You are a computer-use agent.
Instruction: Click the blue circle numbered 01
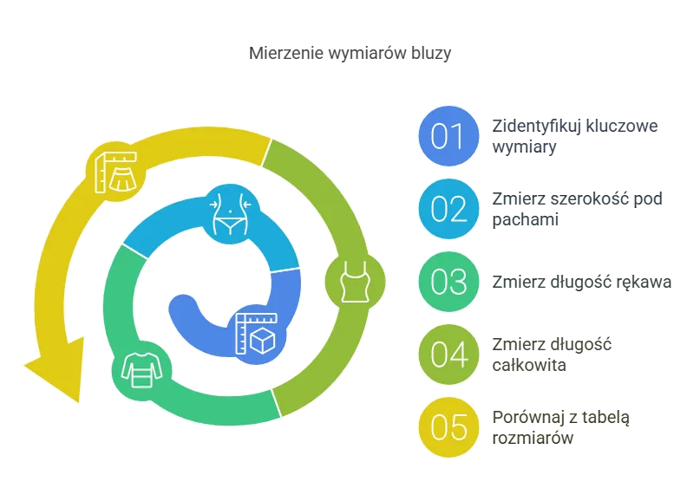point(448,136)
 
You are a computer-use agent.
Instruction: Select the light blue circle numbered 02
point(448,209)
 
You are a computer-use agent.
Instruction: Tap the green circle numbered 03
point(448,282)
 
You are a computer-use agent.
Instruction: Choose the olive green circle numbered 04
point(448,355)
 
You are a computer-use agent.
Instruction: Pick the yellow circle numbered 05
point(448,427)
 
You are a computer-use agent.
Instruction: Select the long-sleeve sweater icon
point(140,370)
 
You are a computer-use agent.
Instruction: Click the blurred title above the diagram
point(352,54)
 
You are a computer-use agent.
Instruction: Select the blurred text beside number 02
point(579,209)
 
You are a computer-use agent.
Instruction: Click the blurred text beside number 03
point(581,283)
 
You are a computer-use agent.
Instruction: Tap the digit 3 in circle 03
point(458,282)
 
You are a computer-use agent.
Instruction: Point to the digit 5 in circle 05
point(458,427)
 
